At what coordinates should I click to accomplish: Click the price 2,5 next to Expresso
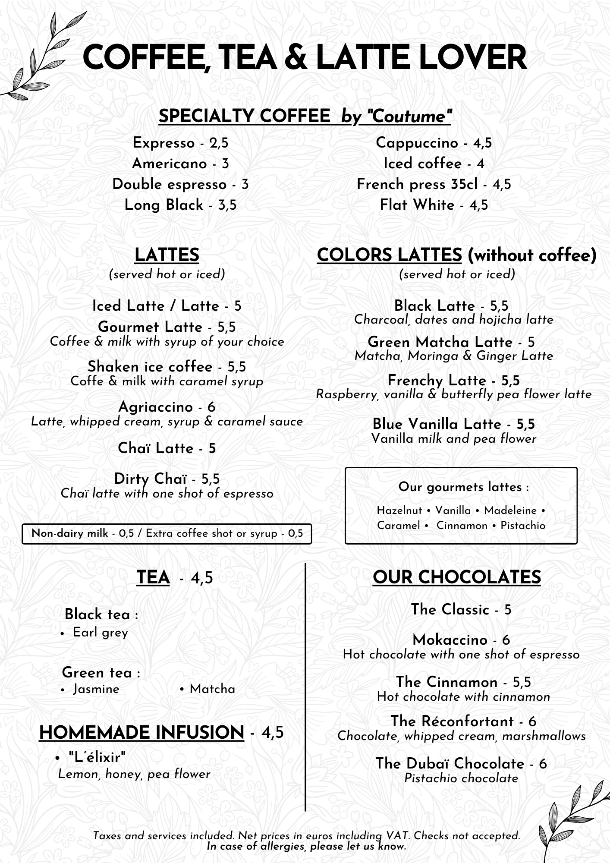point(219,143)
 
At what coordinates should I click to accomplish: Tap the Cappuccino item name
point(417,143)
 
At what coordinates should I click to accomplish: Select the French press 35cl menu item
point(417,185)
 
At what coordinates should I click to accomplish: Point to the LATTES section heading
point(167,255)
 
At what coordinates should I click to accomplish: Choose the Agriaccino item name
point(155,407)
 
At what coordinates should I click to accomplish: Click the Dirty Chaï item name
point(151,479)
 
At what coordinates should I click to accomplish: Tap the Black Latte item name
point(434,306)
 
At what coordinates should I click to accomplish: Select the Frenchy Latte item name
point(437,381)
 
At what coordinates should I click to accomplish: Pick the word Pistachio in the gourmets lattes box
point(523,526)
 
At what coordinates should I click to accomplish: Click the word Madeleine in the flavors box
point(510,510)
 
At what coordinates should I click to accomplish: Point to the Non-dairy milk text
point(70,533)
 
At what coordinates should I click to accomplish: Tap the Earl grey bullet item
point(100,633)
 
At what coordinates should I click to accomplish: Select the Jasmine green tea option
point(96,689)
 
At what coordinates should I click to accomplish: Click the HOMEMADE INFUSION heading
point(141,732)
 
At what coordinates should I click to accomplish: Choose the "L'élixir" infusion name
point(97,756)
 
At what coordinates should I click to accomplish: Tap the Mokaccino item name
point(450,640)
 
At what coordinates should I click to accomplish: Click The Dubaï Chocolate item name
point(450,763)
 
